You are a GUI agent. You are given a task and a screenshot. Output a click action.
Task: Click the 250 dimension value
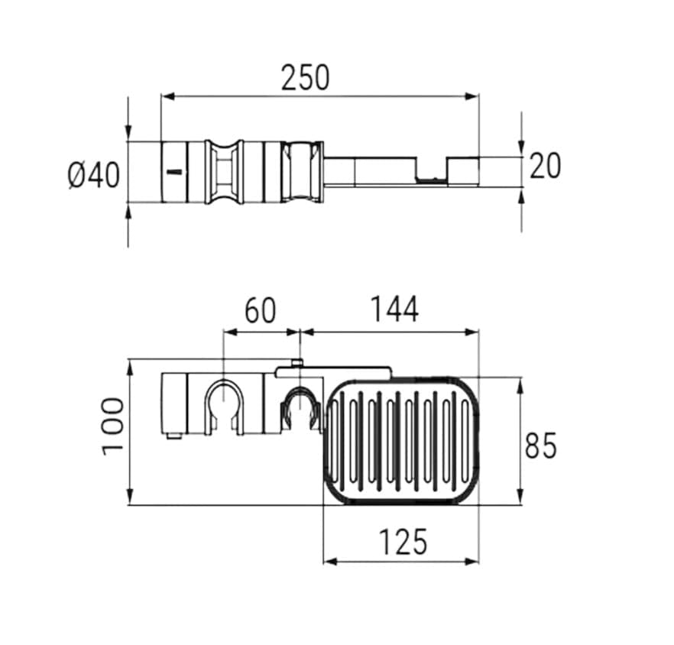pos(306,77)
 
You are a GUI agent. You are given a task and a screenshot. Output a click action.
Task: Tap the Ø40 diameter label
pos(94,176)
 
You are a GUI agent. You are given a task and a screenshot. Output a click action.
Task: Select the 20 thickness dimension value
pos(545,166)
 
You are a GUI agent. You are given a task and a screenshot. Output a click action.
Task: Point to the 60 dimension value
pos(260,310)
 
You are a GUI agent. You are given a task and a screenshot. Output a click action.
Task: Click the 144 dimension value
pos(394,310)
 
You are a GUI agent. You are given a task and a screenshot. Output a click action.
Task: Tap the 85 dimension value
pos(540,446)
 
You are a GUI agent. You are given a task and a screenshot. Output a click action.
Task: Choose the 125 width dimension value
pos(403,542)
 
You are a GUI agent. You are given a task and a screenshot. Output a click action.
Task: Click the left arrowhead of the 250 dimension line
pos(167,97)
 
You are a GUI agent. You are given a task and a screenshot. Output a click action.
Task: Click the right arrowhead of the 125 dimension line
pos(472,561)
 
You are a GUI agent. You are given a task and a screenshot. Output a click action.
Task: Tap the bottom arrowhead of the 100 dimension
pos(129,498)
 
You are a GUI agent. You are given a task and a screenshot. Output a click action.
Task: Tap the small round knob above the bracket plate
pos(296,363)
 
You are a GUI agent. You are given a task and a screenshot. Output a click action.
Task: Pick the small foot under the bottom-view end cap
pos(173,436)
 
